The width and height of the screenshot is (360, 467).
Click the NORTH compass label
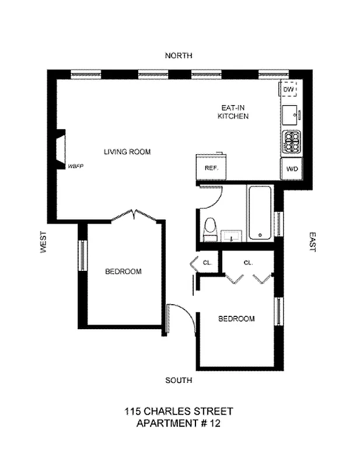click(x=179, y=55)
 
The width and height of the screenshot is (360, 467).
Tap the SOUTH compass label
click(x=179, y=380)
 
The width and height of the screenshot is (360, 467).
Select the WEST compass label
click(x=43, y=242)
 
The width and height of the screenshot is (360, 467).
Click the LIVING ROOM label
click(x=127, y=152)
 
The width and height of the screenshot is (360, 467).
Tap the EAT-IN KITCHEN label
click(x=233, y=112)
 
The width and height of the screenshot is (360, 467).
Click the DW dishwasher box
click(x=289, y=90)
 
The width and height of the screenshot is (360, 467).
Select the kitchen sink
click(x=290, y=113)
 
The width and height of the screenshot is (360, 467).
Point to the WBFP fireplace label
click(x=76, y=166)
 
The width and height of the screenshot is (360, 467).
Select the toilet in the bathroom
click(x=210, y=229)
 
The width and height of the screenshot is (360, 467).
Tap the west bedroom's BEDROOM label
click(x=123, y=271)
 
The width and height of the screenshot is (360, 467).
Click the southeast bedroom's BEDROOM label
click(x=236, y=319)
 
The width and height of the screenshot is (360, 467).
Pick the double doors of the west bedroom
click(x=135, y=215)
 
